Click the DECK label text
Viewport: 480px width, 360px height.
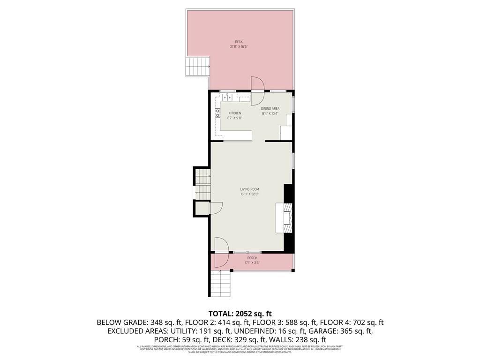239,42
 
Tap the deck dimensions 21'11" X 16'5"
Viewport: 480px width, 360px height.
239,47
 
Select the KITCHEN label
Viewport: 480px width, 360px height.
235,113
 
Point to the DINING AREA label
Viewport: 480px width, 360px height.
270,108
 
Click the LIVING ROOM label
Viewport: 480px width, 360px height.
250,189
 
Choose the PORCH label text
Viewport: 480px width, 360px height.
252,258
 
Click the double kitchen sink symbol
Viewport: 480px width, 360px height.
227,97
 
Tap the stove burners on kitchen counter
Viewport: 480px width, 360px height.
217,113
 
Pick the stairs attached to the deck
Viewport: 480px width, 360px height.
197,67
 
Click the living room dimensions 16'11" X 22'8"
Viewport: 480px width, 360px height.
250,194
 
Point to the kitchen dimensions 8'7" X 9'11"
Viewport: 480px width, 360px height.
235,118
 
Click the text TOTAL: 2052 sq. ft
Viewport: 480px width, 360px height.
240,313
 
